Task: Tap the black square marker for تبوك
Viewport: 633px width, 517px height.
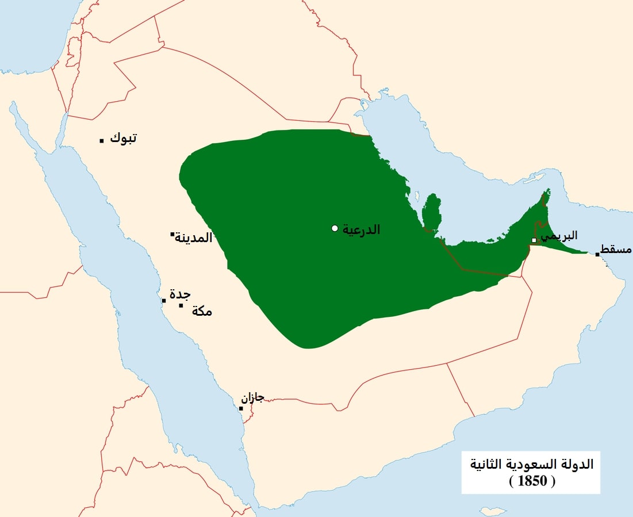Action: [x=102, y=140]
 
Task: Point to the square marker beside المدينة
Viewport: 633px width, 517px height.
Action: [x=172, y=234]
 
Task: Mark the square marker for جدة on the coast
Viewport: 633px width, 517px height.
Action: [x=164, y=301]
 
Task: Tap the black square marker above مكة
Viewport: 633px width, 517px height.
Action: [x=181, y=305]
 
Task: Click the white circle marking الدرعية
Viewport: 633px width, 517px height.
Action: [x=335, y=228]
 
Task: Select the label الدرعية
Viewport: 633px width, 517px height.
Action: [x=361, y=229]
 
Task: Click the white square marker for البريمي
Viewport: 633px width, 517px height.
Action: [x=534, y=240]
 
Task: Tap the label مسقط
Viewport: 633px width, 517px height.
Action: [x=618, y=250]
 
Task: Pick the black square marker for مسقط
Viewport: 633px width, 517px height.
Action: [x=597, y=254]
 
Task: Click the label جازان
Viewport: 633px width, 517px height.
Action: [x=252, y=397]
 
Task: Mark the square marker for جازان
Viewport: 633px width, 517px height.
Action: [x=241, y=409]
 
